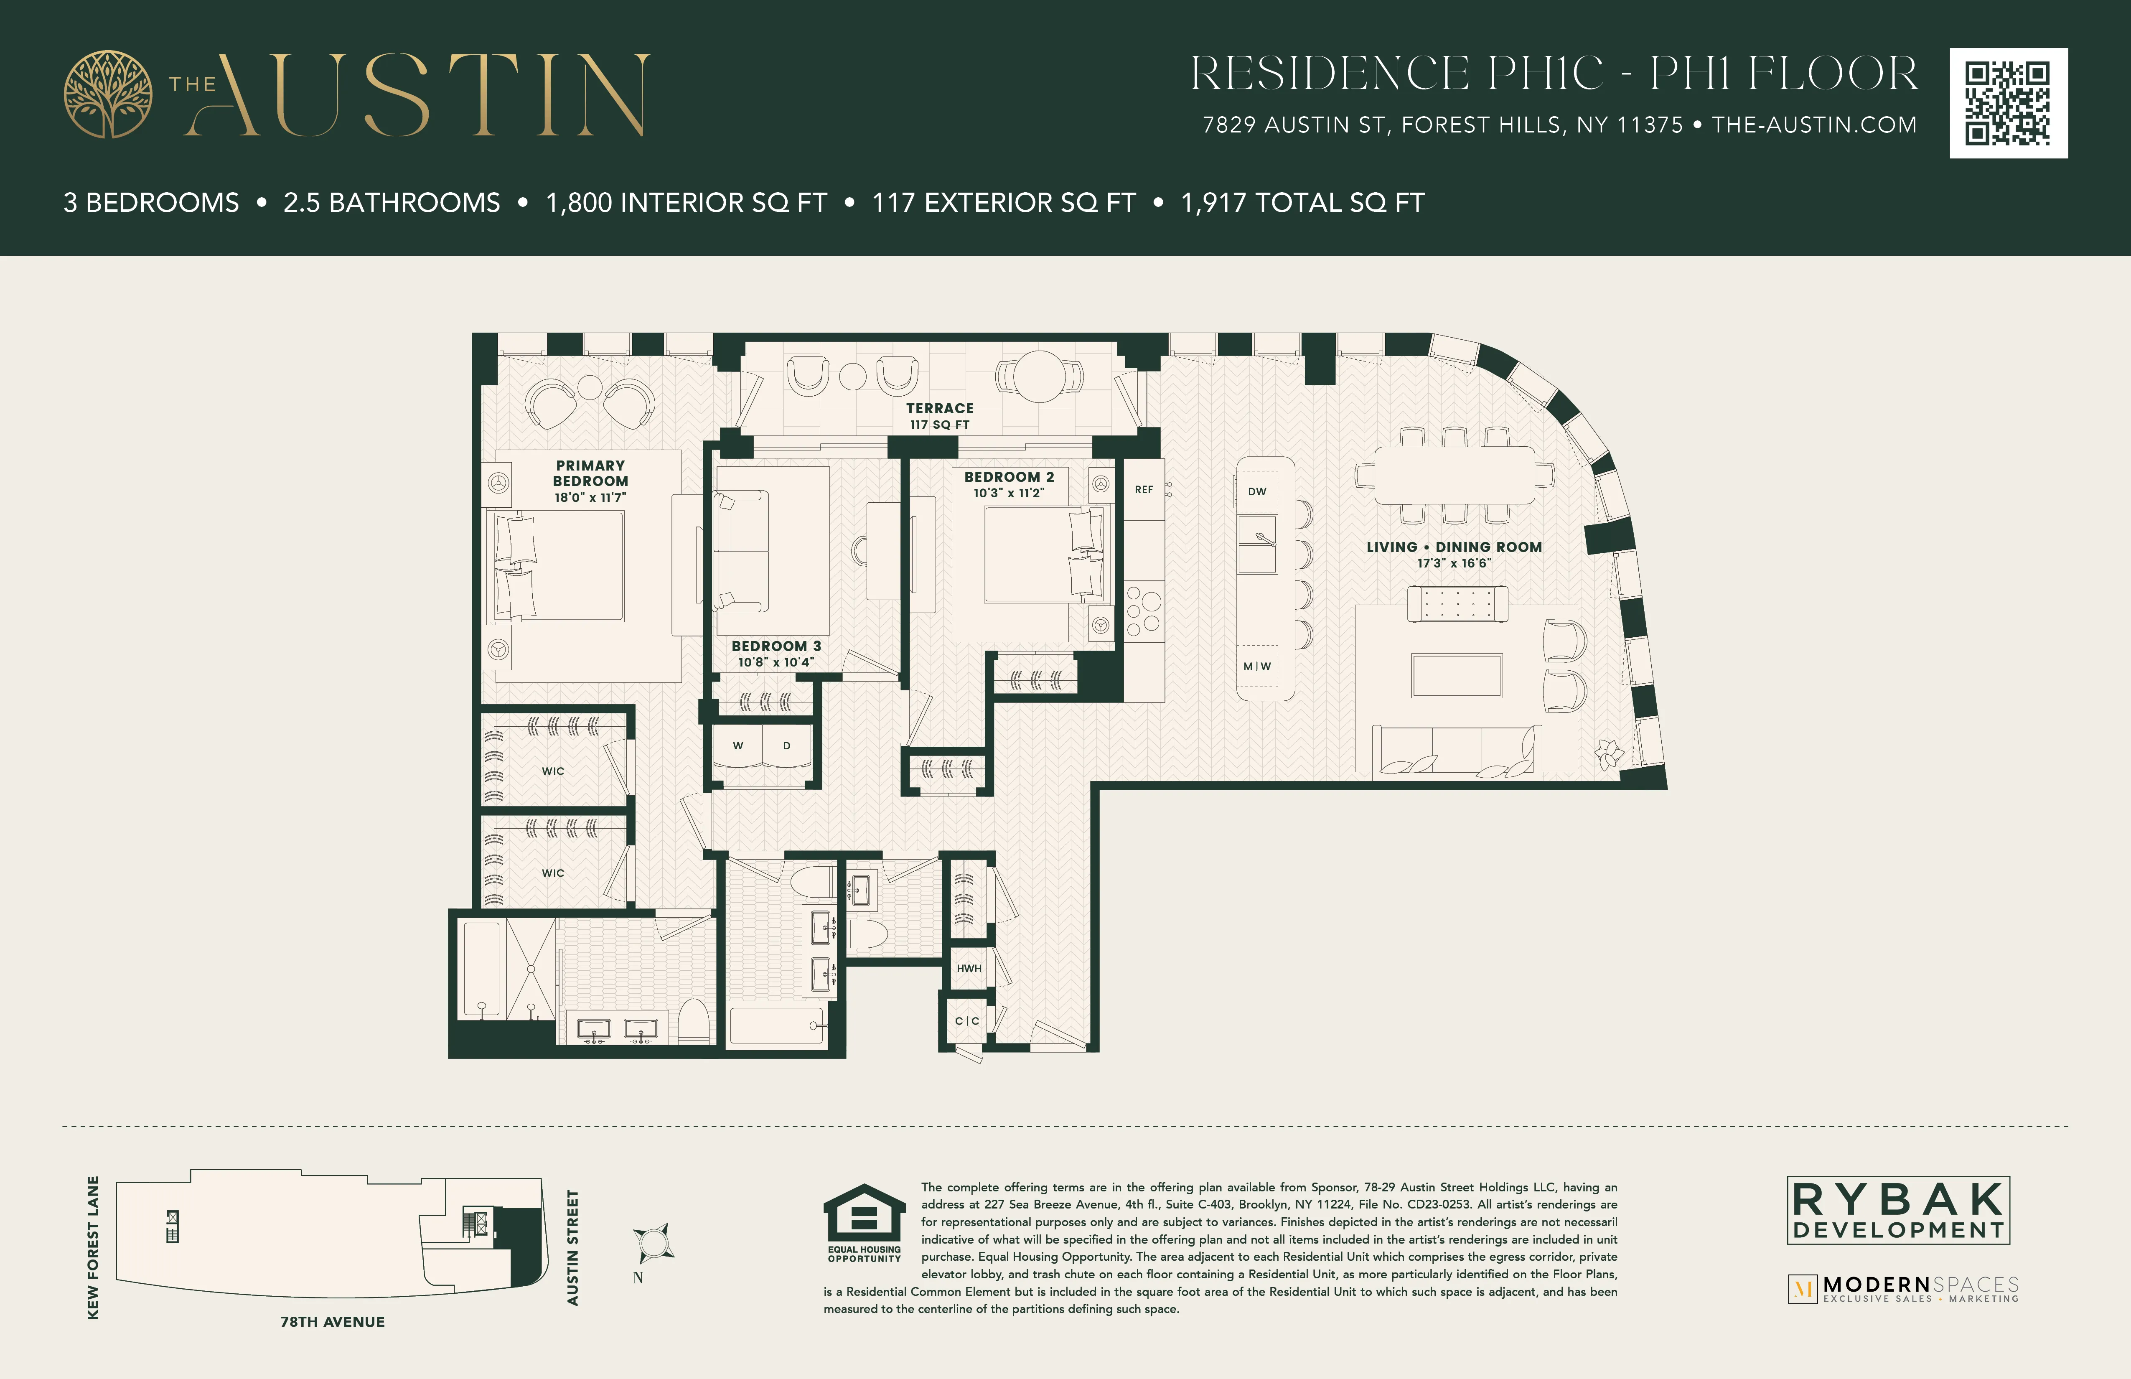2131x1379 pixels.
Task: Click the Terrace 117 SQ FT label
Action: point(939,415)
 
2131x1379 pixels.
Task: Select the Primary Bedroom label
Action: point(590,481)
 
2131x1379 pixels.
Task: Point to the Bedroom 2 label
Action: point(1009,484)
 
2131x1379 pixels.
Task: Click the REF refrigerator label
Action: point(1143,490)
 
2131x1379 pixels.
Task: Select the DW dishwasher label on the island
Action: point(1257,491)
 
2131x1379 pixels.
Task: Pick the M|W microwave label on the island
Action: point(1257,666)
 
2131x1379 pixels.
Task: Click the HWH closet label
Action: point(969,968)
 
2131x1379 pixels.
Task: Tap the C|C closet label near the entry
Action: point(967,1021)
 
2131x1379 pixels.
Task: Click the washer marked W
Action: point(738,746)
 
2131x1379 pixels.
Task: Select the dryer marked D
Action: point(786,746)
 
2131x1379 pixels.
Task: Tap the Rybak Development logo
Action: point(1898,1211)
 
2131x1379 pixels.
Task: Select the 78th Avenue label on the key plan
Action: point(332,1322)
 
